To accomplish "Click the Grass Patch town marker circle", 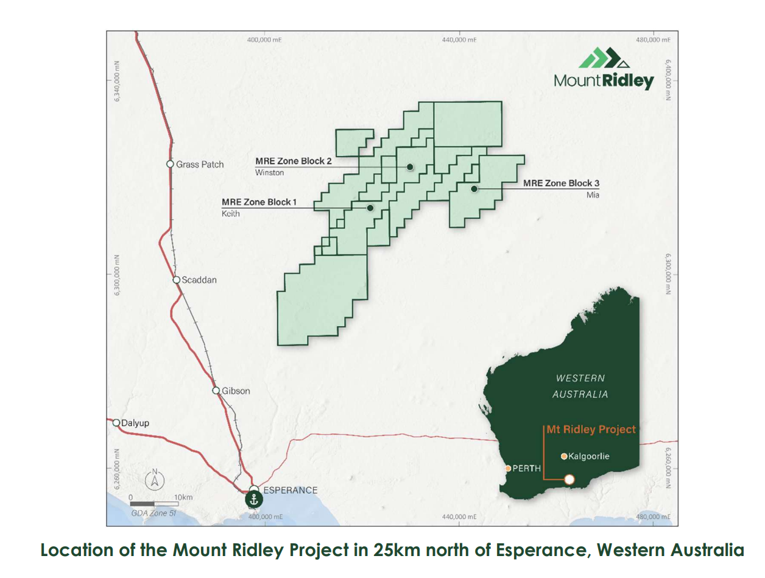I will tap(171, 164).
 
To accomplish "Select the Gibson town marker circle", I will tap(216, 390).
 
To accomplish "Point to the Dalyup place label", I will tap(135, 422).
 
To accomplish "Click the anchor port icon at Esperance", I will tap(254, 499).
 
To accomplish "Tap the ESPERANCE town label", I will tap(291, 490).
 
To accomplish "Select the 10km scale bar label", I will tap(183, 498).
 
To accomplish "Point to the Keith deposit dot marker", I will tap(370, 208).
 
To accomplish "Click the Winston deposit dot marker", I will tap(410, 166).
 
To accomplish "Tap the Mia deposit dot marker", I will tap(473, 189).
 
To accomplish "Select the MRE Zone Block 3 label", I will tap(562, 183).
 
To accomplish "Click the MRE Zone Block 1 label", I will tap(259, 202).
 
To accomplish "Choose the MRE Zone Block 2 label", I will tap(294, 161).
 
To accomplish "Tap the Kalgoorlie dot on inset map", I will tap(564, 456).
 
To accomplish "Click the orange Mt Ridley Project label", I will tap(591, 429).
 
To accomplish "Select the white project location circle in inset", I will tap(569, 479).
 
